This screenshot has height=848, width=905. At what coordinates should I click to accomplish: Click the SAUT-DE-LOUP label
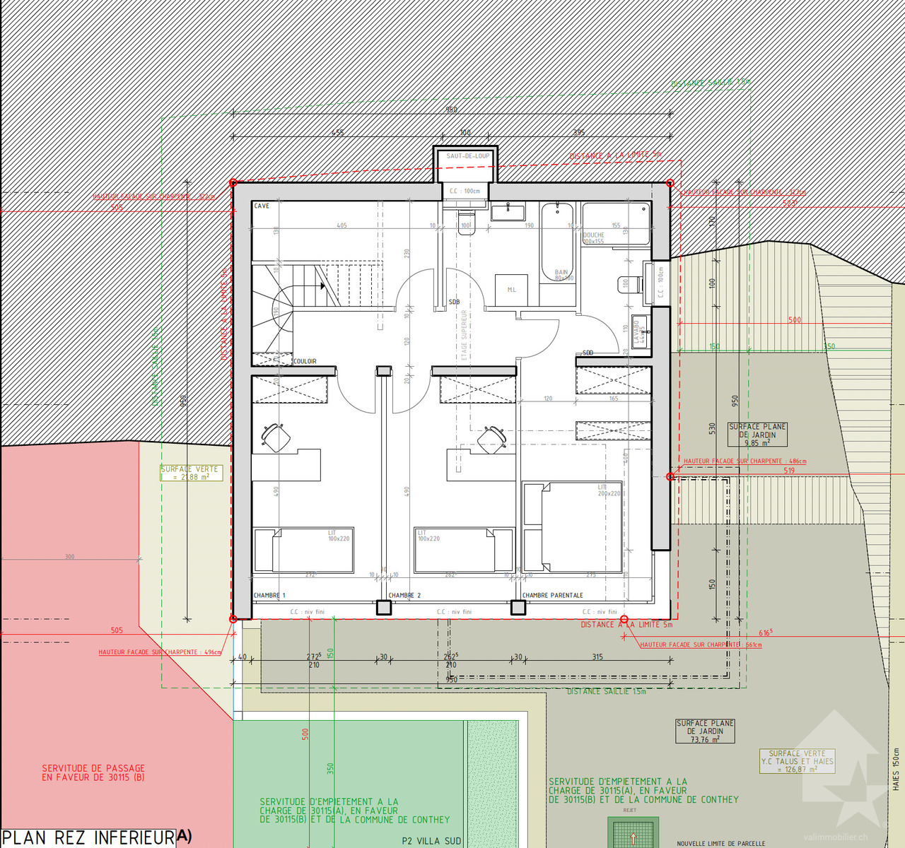(x=467, y=156)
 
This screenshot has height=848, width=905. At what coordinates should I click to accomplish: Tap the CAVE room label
(x=262, y=206)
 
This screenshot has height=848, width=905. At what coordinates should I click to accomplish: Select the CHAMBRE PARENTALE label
(x=553, y=596)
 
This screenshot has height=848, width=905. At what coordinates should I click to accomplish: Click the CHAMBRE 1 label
(x=269, y=596)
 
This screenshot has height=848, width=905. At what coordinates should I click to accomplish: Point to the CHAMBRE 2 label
(x=404, y=596)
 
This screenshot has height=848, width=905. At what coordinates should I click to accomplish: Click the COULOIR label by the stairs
(x=305, y=361)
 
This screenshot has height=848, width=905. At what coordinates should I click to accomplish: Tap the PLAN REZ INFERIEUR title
(x=88, y=838)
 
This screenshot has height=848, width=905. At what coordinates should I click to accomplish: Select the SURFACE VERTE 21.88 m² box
(x=191, y=473)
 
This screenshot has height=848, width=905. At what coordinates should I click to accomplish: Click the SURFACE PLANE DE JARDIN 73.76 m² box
(x=705, y=731)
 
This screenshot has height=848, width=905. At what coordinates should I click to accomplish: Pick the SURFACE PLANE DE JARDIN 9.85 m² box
(x=757, y=435)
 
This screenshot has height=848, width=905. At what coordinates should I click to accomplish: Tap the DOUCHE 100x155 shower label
(x=594, y=238)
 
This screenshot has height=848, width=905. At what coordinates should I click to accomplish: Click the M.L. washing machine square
(x=511, y=290)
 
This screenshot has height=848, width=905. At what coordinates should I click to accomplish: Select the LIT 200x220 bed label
(x=608, y=490)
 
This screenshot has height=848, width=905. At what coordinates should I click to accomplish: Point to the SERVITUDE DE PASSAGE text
(x=93, y=772)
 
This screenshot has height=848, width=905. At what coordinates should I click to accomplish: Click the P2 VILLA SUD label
(x=431, y=841)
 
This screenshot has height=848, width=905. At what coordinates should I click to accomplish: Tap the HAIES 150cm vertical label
(x=896, y=769)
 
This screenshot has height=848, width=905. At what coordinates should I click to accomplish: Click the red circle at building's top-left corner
(x=233, y=183)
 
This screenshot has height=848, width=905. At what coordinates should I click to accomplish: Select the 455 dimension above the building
(x=338, y=133)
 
